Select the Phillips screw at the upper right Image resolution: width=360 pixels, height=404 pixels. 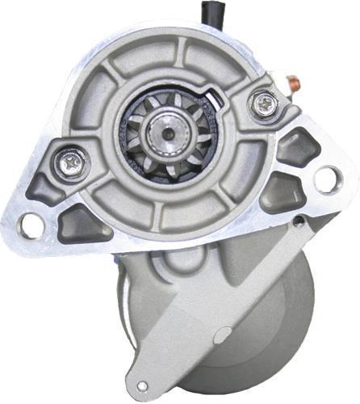[264, 103]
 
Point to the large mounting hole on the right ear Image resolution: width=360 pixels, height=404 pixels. [328, 179]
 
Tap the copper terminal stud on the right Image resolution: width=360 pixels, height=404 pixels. [295, 82]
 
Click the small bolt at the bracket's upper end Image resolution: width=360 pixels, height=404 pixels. [298, 221]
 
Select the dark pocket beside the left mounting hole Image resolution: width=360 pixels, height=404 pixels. [82, 220]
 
